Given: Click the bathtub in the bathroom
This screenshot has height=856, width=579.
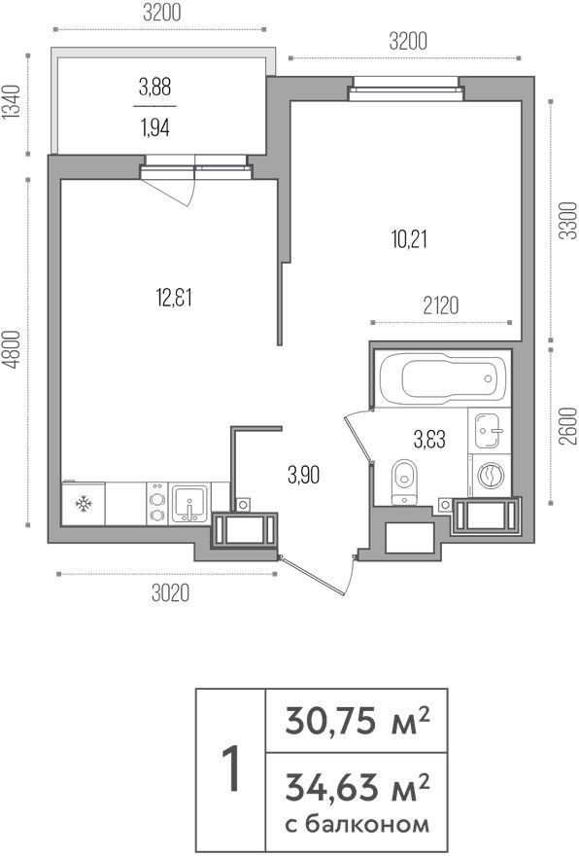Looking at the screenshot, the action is point(442,378).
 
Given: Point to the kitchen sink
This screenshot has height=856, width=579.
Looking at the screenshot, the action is point(189,503).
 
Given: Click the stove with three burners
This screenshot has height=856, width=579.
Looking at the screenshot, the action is point(157,504).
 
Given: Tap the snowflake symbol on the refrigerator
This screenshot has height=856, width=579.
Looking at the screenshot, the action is point(83,503).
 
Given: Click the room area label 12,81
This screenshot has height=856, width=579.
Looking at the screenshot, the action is point(173,298).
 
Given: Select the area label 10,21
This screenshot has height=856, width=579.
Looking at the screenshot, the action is point(409,239).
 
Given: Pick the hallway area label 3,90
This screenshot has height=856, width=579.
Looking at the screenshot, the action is point(303,476).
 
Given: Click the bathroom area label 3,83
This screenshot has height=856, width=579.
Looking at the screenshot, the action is point(429,439).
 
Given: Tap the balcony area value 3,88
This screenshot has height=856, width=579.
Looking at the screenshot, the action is point(154,87).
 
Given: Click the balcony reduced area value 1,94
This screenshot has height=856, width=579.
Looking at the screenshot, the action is point(154,127).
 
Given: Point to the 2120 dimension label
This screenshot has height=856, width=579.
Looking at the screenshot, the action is point(440,305).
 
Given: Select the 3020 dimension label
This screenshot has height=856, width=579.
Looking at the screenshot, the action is point(170,592).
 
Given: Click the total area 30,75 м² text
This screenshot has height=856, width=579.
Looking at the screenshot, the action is point(358,720).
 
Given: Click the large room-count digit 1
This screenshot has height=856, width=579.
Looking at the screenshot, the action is point(231,769).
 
